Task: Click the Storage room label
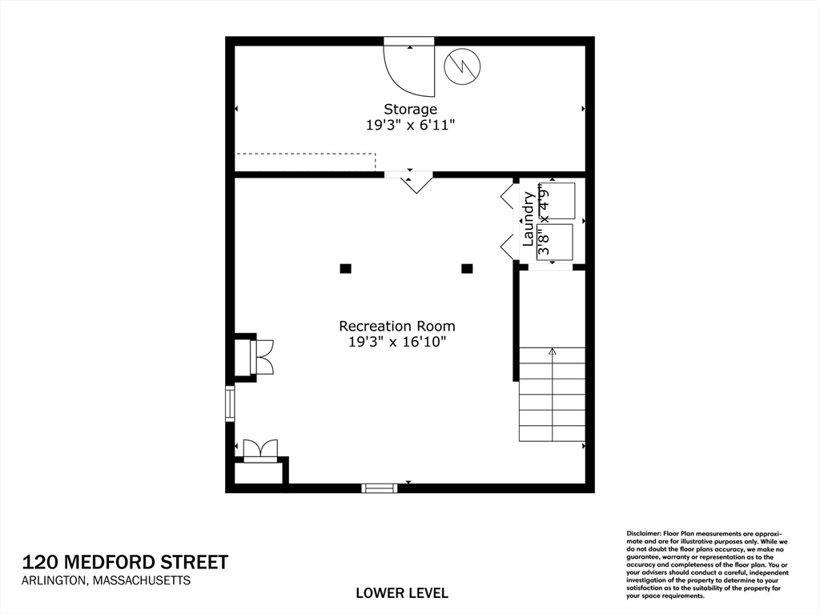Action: (410, 109)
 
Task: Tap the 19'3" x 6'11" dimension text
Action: (410, 125)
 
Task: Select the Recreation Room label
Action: (397, 326)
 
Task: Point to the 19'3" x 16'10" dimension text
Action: (397, 342)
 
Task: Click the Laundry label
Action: (529, 219)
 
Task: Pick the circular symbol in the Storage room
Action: (462, 66)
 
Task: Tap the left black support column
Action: (345, 269)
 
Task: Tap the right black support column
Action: (467, 269)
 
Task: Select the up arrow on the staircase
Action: (552, 351)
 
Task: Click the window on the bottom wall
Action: (380, 488)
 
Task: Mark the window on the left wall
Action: (230, 403)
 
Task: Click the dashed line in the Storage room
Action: (305, 155)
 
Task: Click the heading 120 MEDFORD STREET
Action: (125, 562)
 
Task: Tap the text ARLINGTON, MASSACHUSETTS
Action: (107, 580)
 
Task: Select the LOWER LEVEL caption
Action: (402, 593)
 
